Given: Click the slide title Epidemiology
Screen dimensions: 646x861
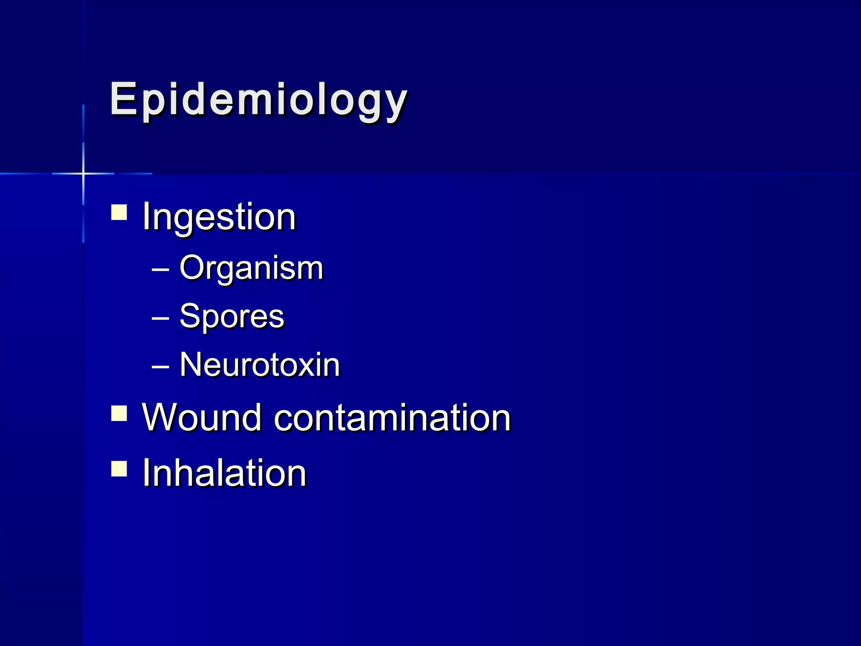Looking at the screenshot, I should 258,99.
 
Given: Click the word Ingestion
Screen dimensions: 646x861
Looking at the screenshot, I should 219,217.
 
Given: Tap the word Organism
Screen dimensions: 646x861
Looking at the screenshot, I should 251,268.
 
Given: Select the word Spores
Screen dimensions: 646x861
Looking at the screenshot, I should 232,316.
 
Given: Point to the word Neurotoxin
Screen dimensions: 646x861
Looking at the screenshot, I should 259,365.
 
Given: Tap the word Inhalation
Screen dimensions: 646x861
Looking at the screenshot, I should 224,473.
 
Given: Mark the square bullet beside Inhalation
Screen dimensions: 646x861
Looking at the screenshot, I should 119,469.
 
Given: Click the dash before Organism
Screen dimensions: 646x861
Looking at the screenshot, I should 160,270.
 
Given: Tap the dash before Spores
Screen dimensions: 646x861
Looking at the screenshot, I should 160,318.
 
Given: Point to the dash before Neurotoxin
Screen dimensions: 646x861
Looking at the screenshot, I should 160,366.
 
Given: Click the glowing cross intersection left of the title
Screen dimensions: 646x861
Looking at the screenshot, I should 83,173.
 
